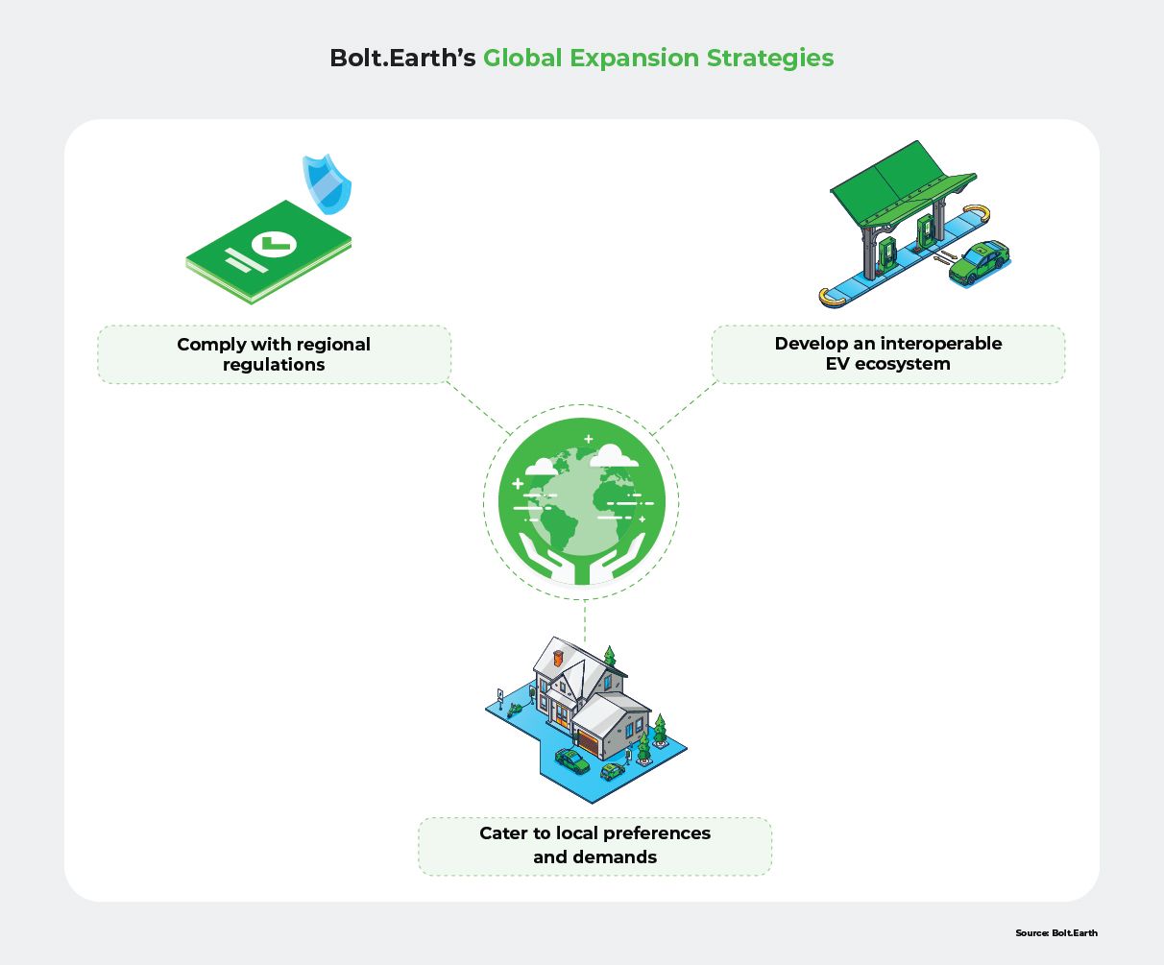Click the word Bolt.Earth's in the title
click(402, 59)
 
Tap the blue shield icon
click(324, 181)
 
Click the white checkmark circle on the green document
click(274, 244)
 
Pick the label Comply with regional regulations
click(274, 354)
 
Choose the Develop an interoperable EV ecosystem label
click(887, 353)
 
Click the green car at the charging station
click(979, 262)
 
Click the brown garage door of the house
click(587, 742)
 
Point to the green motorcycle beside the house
click(516, 709)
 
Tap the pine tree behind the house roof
click(608, 657)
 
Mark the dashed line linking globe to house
click(584, 619)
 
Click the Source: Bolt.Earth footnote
click(1055, 932)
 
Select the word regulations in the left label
click(274, 365)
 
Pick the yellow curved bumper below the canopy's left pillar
click(832, 299)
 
